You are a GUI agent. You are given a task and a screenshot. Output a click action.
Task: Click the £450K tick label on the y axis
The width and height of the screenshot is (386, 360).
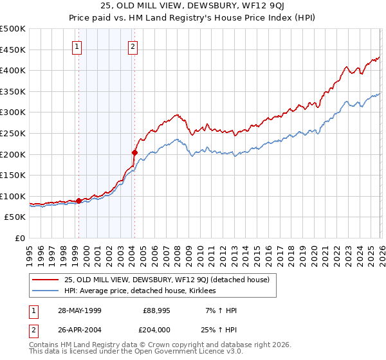(x=13, y=50)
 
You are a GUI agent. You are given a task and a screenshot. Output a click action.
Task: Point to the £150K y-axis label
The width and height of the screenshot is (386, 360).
(x=13, y=175)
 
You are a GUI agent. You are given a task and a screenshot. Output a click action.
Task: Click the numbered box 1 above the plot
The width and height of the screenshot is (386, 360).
(x=77, y=46)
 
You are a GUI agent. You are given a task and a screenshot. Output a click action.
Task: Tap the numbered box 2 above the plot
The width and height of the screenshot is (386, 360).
(x=133, y=46)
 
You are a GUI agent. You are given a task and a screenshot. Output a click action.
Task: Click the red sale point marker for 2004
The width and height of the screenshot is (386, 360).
(x=134, y=152)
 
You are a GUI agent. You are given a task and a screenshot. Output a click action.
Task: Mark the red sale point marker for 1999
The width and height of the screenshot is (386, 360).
(x=79, y=201)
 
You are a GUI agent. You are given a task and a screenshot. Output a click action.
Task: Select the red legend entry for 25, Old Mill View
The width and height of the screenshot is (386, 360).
(x=170, y=280)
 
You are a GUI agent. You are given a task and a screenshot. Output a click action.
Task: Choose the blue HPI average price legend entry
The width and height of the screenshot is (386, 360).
(x=141, y=291)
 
